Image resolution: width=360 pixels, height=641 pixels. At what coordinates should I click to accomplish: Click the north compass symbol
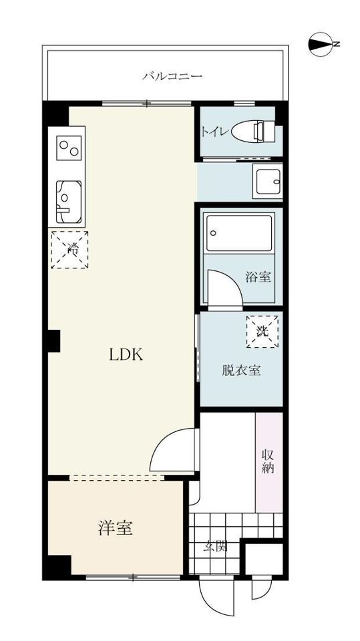(x=321, y=44)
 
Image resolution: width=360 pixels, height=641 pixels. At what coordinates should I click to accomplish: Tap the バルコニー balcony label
(x=172, y=76)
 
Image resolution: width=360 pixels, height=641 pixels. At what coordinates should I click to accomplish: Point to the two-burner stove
(x=68, y=148)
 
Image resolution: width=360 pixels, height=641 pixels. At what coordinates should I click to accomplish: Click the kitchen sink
(x=68, y=202)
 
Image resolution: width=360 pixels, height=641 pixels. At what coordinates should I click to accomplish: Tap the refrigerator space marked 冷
(x=69, y=250)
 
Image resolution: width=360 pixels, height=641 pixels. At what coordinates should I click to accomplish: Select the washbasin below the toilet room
(x=267, y=181)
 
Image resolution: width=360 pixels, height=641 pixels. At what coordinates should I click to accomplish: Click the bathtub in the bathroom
(x=239, y=233)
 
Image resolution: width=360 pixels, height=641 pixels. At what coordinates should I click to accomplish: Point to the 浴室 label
(x=258, y=277)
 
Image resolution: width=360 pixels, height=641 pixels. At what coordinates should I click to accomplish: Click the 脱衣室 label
(x=241, y=371)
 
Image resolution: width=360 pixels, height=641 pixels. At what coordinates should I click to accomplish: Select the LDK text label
(x=126, y=355)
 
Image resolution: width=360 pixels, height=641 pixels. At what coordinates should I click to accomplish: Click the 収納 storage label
(x=268, y=461)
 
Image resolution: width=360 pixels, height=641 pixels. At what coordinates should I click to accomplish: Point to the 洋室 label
(x=115, y=527)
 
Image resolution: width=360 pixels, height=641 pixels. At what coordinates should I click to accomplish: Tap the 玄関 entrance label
(x=216, y=546)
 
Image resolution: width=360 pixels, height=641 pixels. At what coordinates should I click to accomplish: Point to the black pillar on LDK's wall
(x=53, y=341)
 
